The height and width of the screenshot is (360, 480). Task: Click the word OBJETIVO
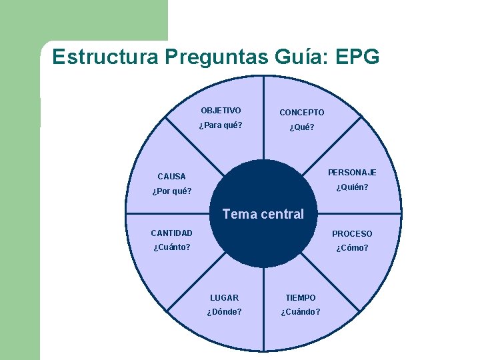221,111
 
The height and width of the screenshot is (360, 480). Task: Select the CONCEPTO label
301,113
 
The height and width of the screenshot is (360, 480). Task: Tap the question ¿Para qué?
221,125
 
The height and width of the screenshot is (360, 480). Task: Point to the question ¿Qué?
301,128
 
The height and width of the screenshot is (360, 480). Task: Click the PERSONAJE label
352,173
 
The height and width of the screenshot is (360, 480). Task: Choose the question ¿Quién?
352,187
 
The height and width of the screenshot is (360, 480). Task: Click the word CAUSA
171,177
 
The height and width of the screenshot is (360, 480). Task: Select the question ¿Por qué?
172,192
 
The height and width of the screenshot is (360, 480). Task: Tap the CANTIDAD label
171,233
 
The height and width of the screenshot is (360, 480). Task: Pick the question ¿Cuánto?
172,248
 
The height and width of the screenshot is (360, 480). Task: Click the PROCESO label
352,234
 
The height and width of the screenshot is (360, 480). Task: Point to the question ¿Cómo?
352,249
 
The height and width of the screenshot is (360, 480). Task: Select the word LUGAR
224,298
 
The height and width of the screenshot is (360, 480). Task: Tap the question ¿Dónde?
224,312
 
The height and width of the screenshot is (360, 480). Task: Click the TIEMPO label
301,298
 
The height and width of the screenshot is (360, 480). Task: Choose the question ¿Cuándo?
301,312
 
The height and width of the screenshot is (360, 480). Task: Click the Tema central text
263,215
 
